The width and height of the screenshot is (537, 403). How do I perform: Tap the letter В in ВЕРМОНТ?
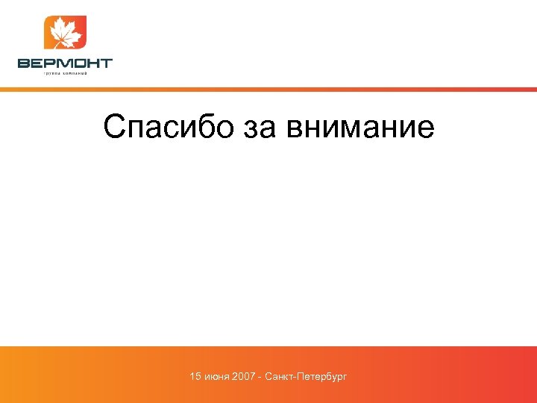tap(24, 63)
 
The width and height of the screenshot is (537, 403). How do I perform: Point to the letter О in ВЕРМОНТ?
tap(78, 63)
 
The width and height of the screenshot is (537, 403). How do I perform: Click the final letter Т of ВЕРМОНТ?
tap(105, 63)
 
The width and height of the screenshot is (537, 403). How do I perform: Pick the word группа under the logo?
tap(51, 74)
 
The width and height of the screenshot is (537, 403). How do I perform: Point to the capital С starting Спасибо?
tap(114, 127)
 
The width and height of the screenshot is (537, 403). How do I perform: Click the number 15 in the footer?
tap(195, 378)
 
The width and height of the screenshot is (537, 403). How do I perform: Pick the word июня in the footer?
tap(216, 378)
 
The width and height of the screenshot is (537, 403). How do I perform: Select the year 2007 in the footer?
tap(244, 378)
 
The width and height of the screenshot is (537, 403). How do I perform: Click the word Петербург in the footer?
tap(322, 378)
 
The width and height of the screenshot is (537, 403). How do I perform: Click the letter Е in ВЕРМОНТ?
tap(37, 63)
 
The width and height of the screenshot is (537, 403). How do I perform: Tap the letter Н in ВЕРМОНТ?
tap(92, 63)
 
